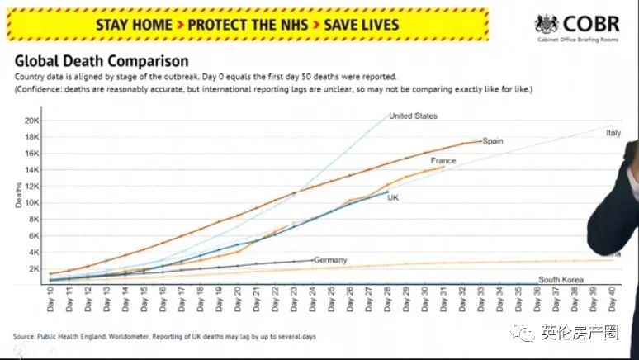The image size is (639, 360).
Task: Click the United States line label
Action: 413,116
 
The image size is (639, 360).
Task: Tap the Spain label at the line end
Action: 493,141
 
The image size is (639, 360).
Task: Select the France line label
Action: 443,160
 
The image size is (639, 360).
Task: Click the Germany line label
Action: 330,260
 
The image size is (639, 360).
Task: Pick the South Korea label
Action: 561,280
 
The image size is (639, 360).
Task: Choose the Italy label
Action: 613,132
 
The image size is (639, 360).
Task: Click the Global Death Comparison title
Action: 101,61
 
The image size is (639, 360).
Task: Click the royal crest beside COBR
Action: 547,25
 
